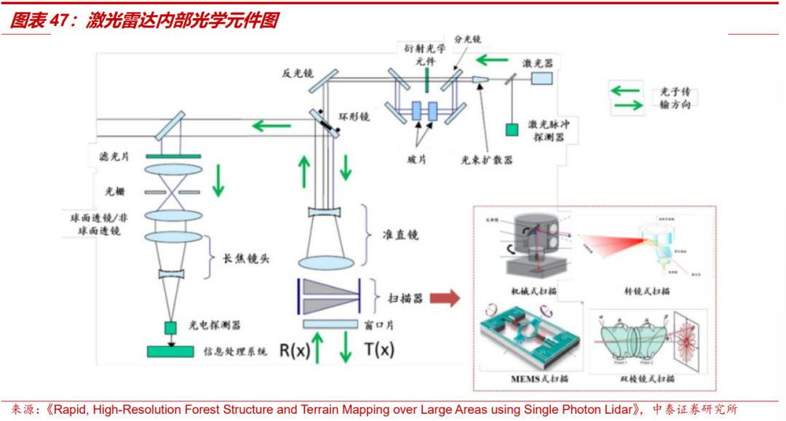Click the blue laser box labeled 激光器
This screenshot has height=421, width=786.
click(x=541, y=79)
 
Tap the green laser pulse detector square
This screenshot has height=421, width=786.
click(x=512, y=129)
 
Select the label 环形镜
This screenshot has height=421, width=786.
click(x=354, y=116)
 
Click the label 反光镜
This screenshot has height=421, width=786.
click(x=298, y=73)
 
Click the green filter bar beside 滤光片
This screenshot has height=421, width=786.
click(x=173, y=156)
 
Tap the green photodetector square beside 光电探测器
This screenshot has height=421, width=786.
click(x=171, y=326)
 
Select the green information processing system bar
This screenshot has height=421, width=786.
click(x=171, y=352)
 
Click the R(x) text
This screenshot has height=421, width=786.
click(x=294, y=350)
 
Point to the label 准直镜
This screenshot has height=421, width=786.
click(x=401, y=236)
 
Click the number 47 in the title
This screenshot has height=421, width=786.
click(x=60, y=21)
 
